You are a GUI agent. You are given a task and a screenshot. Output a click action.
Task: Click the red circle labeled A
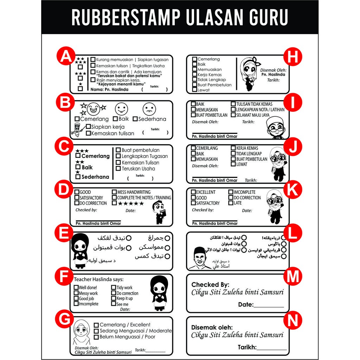65,57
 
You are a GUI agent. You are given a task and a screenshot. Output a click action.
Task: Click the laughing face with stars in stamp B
94,109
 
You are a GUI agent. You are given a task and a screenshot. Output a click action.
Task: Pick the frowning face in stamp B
149,109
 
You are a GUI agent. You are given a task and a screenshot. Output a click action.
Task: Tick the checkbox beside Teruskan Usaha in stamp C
118,169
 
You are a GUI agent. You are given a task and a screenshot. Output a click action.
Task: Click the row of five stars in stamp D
131,204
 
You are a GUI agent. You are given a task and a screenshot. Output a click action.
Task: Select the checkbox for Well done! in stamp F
76,288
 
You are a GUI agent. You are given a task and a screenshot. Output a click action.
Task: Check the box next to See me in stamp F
114,304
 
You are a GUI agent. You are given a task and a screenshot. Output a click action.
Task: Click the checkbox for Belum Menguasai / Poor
96,337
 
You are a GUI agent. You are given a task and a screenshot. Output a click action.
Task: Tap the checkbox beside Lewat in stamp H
194,90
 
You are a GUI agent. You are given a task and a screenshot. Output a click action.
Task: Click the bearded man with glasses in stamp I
275,128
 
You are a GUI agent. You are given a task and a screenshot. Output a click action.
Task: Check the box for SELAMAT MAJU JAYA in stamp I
233,115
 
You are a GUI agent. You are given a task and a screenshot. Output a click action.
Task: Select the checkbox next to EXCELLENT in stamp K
193,192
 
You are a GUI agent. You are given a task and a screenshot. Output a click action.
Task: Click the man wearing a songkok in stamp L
200,258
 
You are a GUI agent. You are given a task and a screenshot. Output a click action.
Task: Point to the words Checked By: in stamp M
210,284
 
